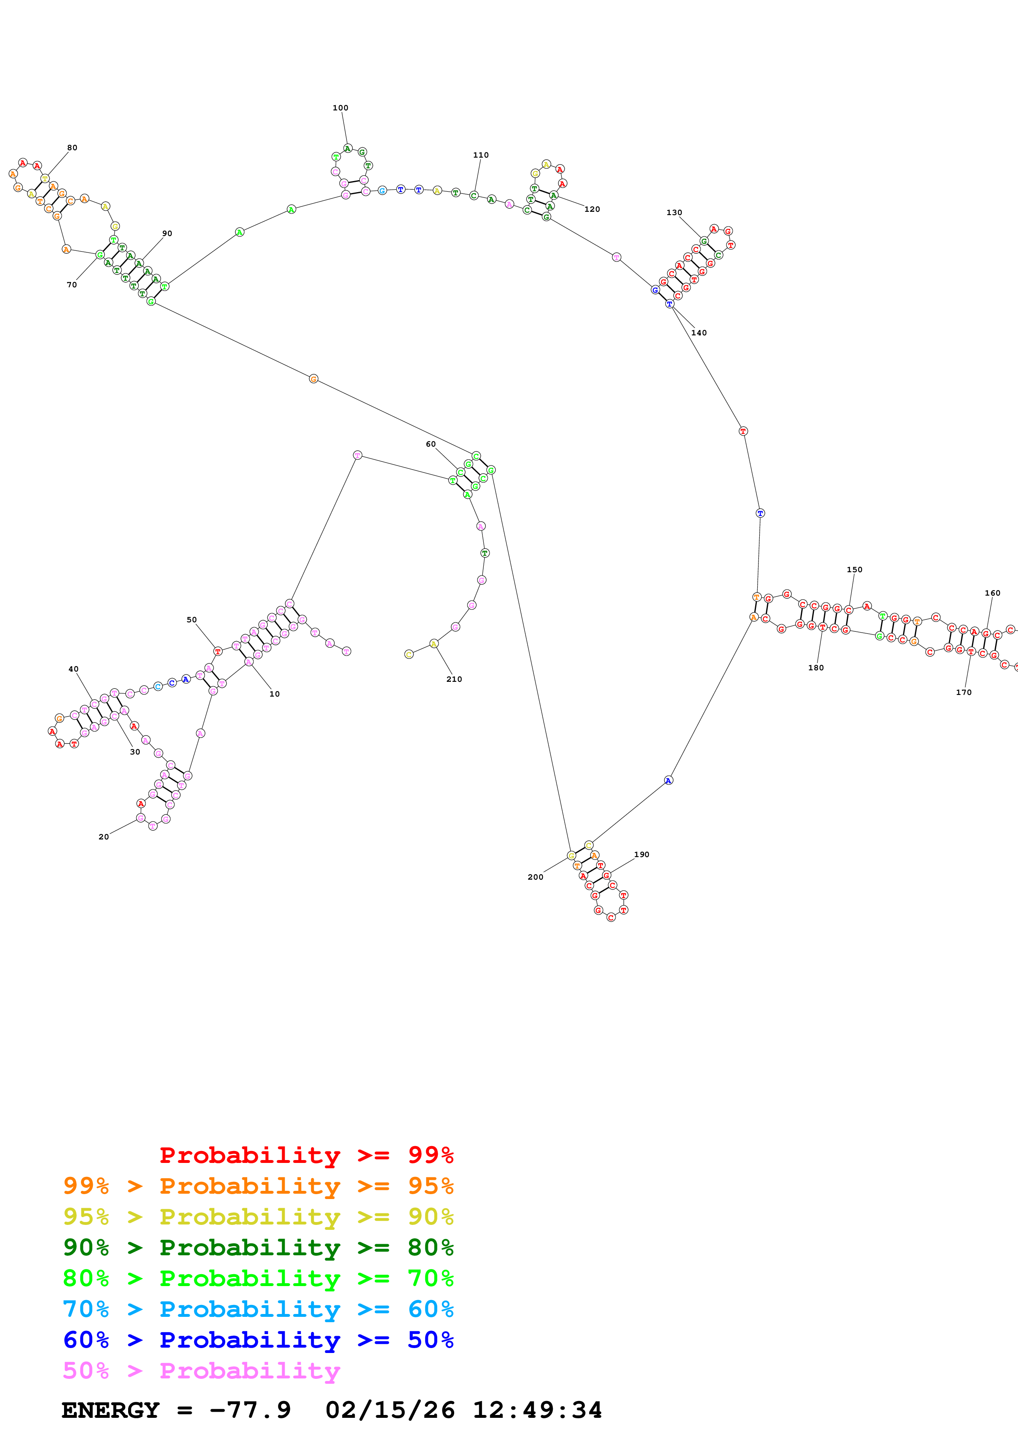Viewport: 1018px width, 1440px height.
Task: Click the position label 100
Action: [x=340, y=108]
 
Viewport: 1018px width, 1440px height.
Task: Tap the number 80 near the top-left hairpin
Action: [x=72, y=148]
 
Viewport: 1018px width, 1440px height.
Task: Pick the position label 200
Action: [x=535, y=877]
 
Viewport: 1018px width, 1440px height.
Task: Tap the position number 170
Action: [x=963, y=692]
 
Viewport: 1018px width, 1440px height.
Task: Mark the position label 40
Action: [x=74, y=669]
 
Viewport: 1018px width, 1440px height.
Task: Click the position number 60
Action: [x=430, y=444]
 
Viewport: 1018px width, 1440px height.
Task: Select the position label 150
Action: [x=854, y=569]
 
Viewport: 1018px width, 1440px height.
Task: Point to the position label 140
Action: [x=699, y=333]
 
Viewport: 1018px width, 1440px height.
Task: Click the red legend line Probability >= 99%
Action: [x=306, y=1155]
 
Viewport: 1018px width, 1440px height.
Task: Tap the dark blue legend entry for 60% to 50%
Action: [x=258, y=1340]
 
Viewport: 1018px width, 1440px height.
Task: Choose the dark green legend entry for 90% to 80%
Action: [x=258, y=1247]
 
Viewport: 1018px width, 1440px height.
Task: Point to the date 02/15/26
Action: [x=390, y=1410]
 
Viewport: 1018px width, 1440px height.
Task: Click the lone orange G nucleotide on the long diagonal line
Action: [x=314, y=379]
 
